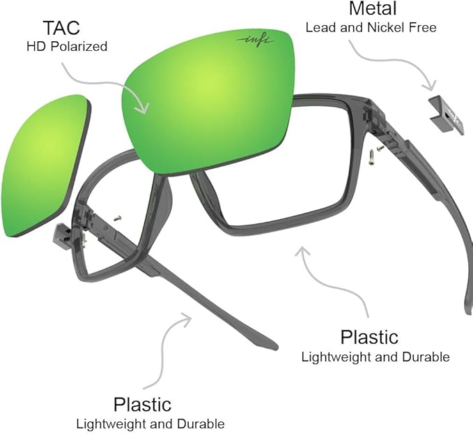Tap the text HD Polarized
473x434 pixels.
(67, 47)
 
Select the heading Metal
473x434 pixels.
(372, 9)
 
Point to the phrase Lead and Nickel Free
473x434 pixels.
(371, 27)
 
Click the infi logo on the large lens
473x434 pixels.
(251, 40)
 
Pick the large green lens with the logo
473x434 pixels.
(209, 98)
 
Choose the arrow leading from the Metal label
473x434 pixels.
(390, 66)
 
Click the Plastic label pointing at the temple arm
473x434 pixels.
(142, 404)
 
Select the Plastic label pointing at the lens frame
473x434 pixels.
(369, 337)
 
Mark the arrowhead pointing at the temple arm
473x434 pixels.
(187, 317)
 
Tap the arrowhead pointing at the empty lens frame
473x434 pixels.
(302, 250)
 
